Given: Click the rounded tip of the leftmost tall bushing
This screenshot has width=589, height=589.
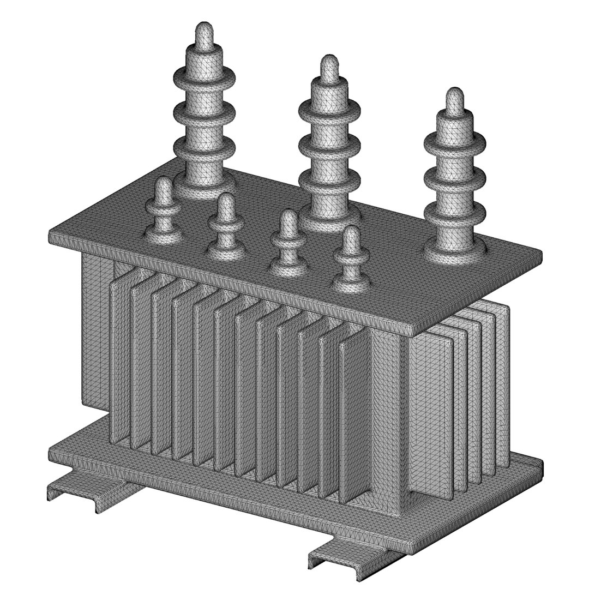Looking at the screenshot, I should [204, 34].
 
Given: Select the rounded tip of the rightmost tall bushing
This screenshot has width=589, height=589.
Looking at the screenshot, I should [454, 99].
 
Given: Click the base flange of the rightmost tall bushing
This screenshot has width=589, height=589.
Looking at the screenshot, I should [455, 251].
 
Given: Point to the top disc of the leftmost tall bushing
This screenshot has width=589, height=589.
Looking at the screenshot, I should [204, 76].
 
